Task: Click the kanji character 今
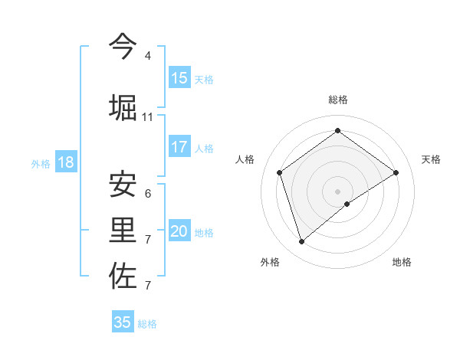click(123, 47)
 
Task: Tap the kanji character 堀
click(123, 107)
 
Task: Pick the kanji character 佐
click(123, 277)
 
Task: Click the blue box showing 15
click(179, 78)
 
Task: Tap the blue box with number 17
click(179, 147)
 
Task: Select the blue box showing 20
click(179, 231)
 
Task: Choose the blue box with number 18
click(65, 162)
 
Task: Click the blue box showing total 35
click(123, 322)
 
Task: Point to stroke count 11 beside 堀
click(148, 116)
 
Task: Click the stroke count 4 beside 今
click(148, 56)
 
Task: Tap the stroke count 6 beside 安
click(148, 194)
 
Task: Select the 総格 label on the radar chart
click(338, 100)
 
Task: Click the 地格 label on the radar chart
click(402, 262)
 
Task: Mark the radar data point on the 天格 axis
click(396, 172)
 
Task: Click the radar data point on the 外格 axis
click(301, 242)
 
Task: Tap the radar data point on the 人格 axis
click(280, 172)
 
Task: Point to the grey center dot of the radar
click(338, 191)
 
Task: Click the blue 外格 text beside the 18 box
click(40, 163)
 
